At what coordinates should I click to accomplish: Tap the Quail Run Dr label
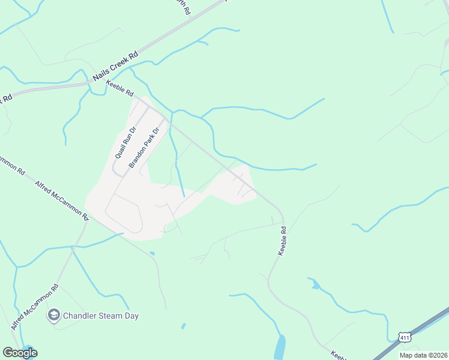click(x=125, y=142)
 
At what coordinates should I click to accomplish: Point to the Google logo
click(x=20, y=352)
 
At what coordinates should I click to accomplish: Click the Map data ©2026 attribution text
click(x=423, y=355)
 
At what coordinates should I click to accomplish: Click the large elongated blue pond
click(x=280, y=347)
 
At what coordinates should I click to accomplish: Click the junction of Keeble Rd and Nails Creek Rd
click(x=89, y=83)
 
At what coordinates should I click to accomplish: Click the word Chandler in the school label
click(x=78, y=316)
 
